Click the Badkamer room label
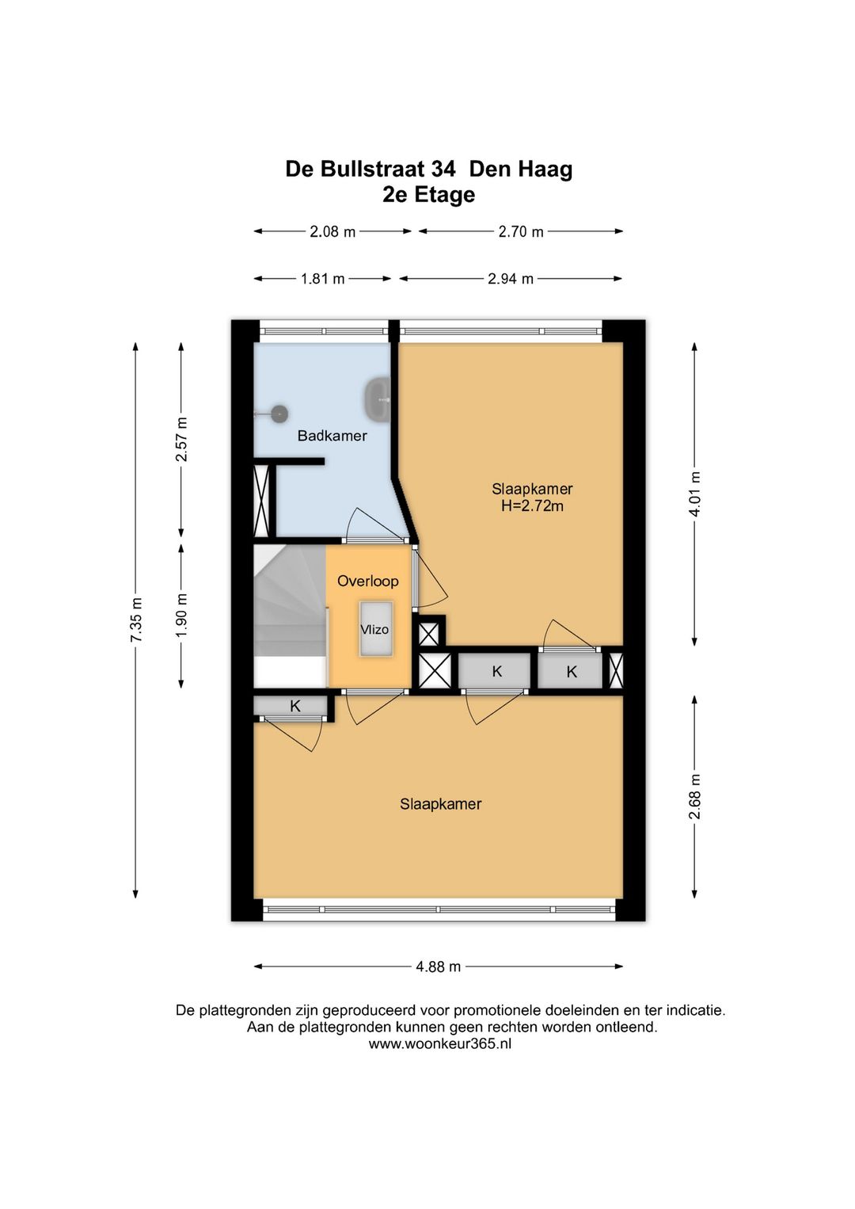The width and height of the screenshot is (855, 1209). coord(332,436)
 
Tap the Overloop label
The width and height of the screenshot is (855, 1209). coord(368,581)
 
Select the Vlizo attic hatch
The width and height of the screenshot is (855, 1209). coord(375,629)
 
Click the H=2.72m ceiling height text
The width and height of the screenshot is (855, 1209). coord(532,506)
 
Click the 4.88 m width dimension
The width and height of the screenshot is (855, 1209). coord(438,967)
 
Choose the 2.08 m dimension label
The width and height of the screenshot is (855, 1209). coord(332,231)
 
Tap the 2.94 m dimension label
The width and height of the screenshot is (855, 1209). coord(511,279)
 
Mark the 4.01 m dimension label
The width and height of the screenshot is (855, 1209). coord(695,494)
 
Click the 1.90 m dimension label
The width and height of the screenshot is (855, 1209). coord(181,616)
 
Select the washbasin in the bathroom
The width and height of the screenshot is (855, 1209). coord(379,399)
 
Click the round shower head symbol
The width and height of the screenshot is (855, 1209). coord(279,414)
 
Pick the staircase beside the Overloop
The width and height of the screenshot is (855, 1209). coord(290,616)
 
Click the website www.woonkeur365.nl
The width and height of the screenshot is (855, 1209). coord(439,1043)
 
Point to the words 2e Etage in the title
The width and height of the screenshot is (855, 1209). coord(429,194)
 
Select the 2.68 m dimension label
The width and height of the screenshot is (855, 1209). coord(695,796)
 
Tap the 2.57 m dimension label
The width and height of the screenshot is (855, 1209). coord(181,439)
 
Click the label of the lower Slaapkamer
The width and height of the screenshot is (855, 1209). coord(441,804)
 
